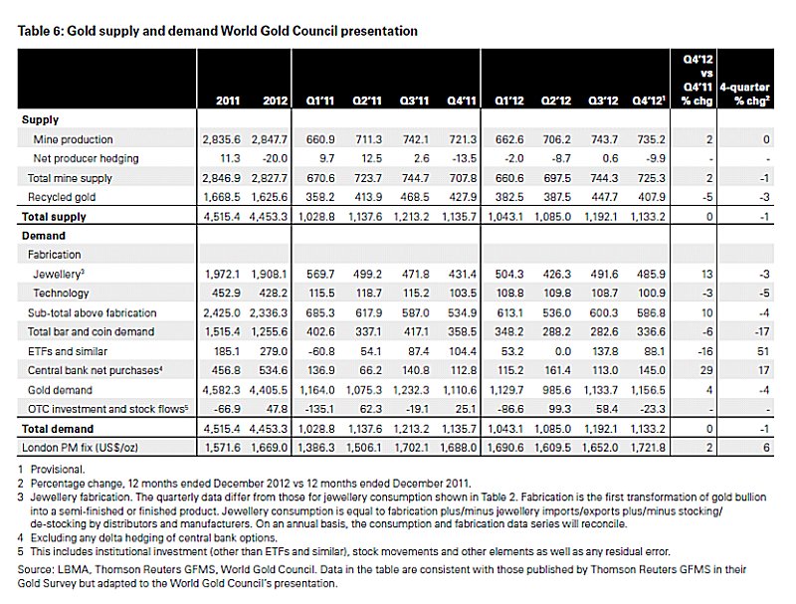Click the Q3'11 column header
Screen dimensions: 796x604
click(414, 101)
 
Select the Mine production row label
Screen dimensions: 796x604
click(73, 139)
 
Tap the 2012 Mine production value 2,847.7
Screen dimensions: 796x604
click(269, 139)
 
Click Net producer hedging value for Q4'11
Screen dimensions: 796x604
click(464, 158)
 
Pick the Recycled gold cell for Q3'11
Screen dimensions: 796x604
click(415, 197)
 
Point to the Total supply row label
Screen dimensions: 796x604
click(54, 217)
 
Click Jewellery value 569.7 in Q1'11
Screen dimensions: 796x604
click(320, 274)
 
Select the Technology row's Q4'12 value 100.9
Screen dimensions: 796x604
click(652, 294)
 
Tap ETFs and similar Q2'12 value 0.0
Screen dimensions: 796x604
click(562, 351)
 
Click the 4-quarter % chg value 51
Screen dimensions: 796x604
click(763, 351)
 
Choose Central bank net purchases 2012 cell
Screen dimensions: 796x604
click(273, 370)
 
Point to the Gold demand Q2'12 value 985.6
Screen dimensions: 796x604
click(557, 390)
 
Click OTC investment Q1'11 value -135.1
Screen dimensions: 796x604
click(318, 409)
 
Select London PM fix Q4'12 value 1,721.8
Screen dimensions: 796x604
click(648, 448)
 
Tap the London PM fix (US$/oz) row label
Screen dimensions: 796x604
click(80, 448)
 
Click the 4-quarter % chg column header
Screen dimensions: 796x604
click(744, 94)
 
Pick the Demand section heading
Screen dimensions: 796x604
click(44, 236)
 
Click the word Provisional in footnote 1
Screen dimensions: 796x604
click(58, 470)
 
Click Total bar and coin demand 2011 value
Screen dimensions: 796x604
click(222, 332)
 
